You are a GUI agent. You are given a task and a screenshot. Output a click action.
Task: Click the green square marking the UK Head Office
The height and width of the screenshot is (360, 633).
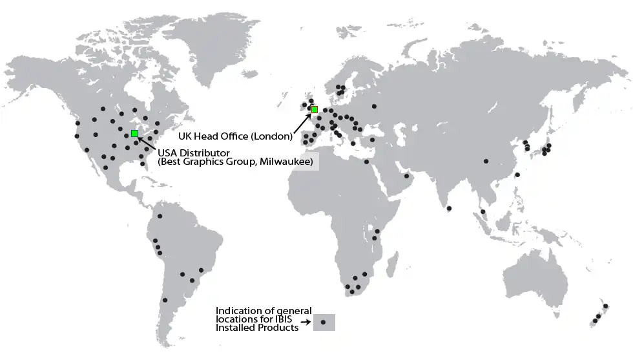pyautogui.click(x=315, y=110)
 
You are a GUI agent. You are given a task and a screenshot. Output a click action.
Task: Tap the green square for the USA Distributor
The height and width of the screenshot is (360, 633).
pyautogui.click(x=134, y=133)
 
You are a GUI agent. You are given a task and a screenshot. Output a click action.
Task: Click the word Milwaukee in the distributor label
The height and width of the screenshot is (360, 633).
pyautogui.click(x=285, y=160)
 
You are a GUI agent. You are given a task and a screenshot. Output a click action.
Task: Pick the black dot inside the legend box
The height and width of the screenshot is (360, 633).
pyautogui.click(x=324, y=321)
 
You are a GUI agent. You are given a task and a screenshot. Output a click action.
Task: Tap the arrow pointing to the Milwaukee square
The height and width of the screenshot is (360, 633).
pyautogui.click(x=147, y=143)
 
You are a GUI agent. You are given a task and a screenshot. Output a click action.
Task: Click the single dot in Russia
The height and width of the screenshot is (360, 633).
pyautogui.click(x=374, y=106)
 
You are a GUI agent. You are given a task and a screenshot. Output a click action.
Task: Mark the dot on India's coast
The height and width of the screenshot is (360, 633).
pyautogui.click(x=449, y=207)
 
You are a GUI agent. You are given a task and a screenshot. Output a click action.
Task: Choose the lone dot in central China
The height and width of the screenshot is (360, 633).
pyautogui.click(x=486, y=161)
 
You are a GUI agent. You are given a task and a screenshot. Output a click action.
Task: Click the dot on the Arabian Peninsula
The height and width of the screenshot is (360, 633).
pyautogui.click(x=407, y=175)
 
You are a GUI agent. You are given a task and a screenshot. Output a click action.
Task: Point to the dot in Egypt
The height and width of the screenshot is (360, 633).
pyautogui.click(x=366, y=162)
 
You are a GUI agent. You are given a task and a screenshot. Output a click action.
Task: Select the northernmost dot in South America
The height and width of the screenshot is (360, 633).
pyautogui.click(x=160, y=216)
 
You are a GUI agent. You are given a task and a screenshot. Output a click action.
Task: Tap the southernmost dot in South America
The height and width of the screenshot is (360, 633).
pyautogui.click(x=165, y=300)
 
